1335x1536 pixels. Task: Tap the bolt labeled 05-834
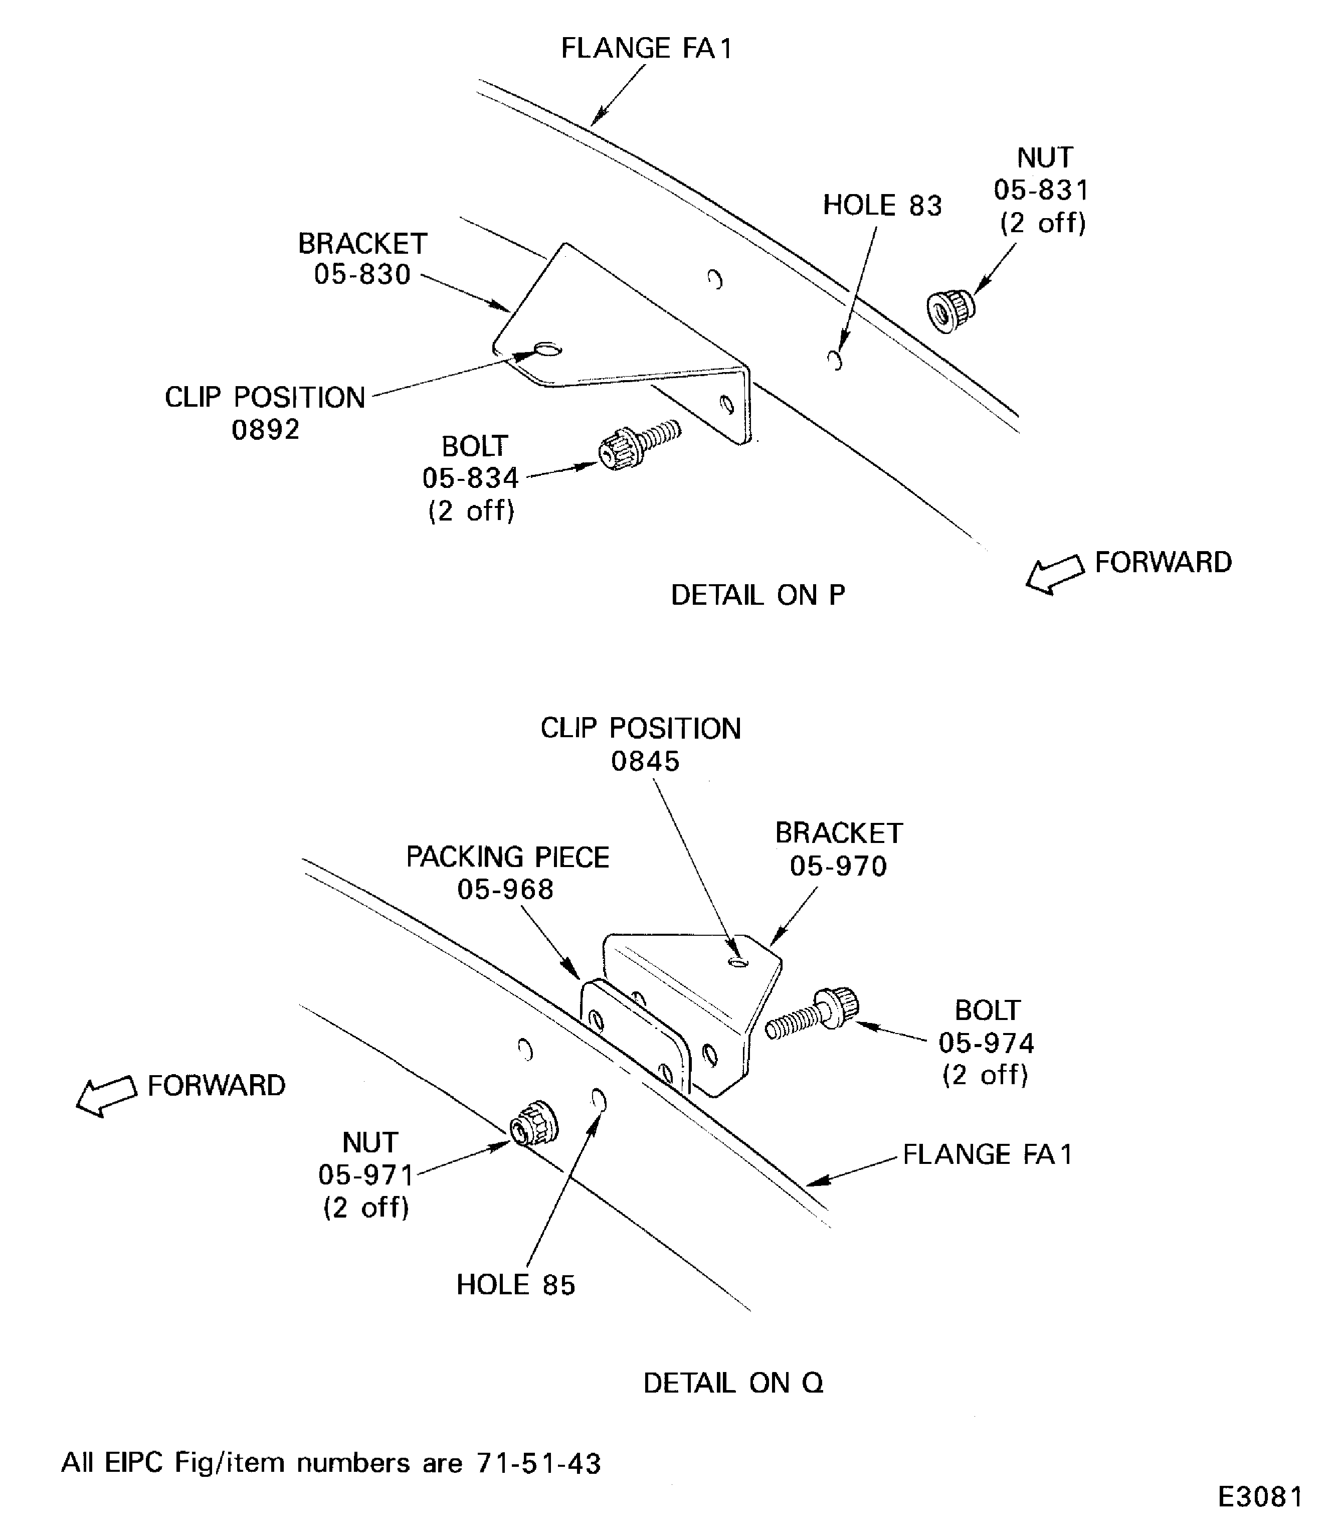click(x=637, y=445)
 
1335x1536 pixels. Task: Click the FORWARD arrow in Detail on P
click(x=1055, y=574)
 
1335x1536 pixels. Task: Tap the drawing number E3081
click(x=1260, y=1496)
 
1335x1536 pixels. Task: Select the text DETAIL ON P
click(x=757, y=595)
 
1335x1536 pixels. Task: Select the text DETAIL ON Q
click(x=733, y=1383)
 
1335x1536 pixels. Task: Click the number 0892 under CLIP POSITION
click(x=265, y=430)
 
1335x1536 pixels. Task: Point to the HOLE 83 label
click(x=882, y=206)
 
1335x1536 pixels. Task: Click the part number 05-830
click(x=362, y=275)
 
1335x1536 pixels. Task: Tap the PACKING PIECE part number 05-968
click(x=505, y=889)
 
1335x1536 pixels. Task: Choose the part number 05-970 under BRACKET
click(x=838, y=866)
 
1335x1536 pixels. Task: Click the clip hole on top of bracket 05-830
click(x=548, y=350)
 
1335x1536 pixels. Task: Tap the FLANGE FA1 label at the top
click(x=647, y=49)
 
